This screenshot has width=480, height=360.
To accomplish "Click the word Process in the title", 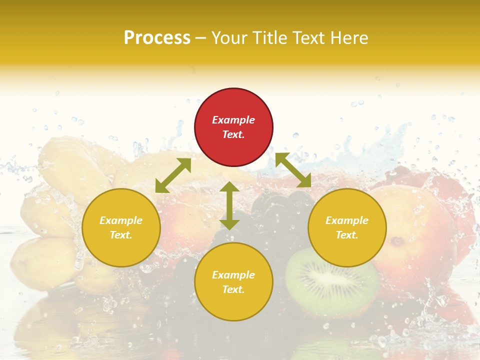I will pos(157,38).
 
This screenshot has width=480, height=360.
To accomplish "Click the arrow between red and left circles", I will pos(173,175).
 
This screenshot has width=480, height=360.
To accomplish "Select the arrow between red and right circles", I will pos(293,170).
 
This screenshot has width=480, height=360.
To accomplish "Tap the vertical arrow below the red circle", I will pos(229,205).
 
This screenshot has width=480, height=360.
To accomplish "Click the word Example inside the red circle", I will pos(233,120).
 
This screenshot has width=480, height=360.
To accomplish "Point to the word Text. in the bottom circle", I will pos(233,289).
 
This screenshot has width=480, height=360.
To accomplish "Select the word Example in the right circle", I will pos(347,220).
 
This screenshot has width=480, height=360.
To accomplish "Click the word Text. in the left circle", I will pos(121,235).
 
